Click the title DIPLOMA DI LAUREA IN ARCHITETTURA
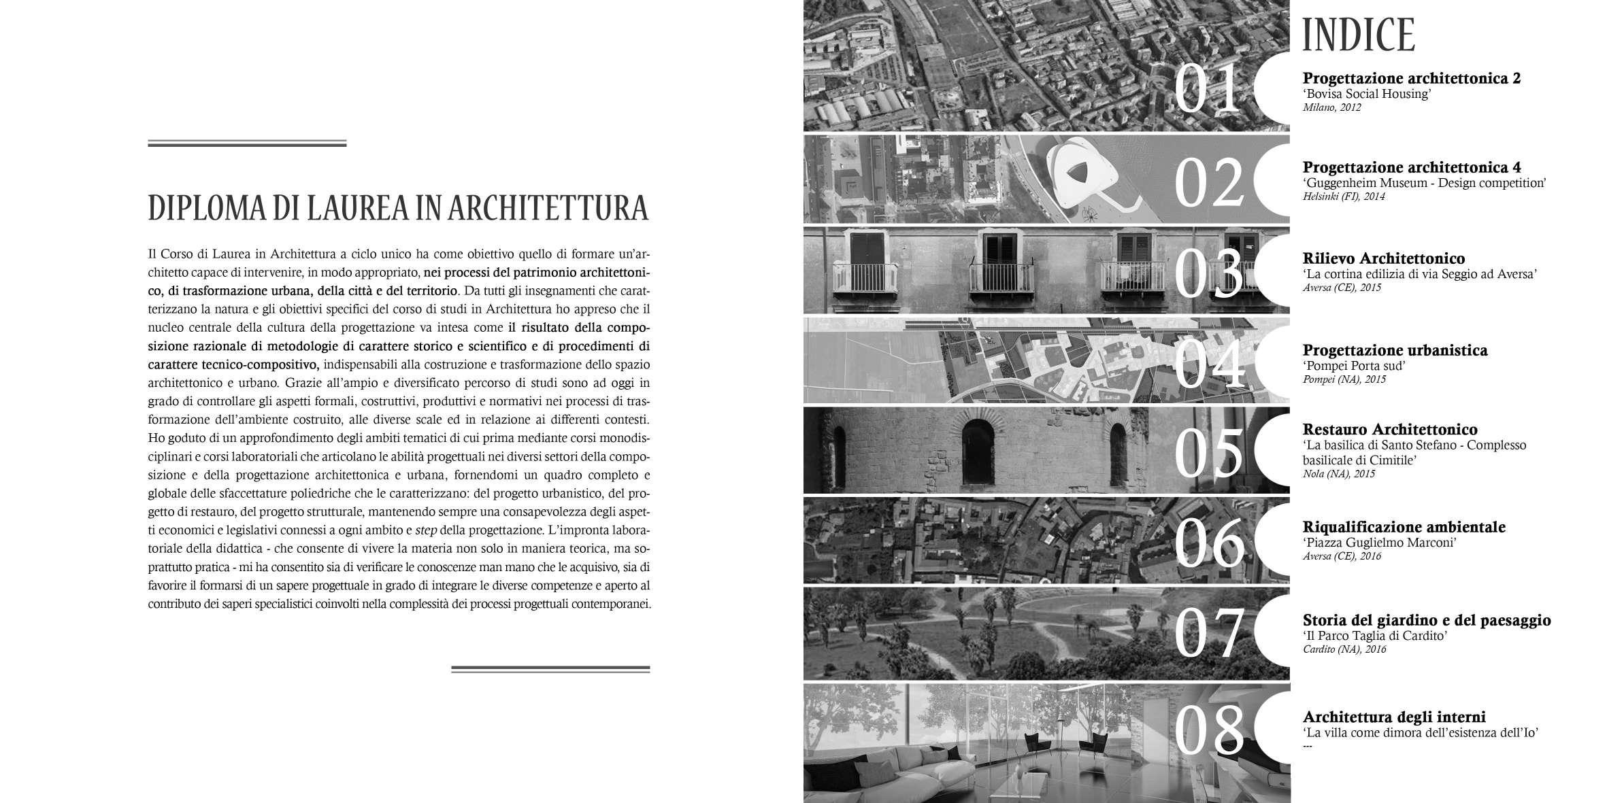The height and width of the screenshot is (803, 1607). (x=398, y=209)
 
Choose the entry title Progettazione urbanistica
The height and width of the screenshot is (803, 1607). (x=1395, y=350)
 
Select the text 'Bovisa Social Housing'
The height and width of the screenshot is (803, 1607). (x=1367, y=94)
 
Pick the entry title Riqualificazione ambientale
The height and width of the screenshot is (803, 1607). (x=1404, y=527)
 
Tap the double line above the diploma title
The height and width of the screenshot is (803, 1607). (x=247, y=143)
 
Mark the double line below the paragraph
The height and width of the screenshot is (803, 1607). (x=550, y=669)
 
